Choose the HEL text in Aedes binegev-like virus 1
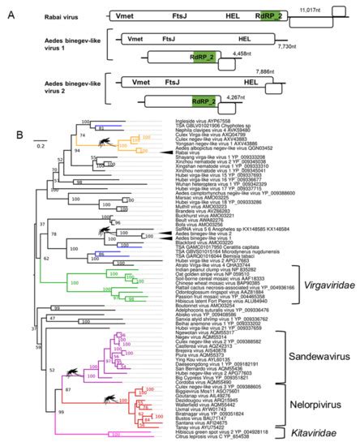tap(244, 37)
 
